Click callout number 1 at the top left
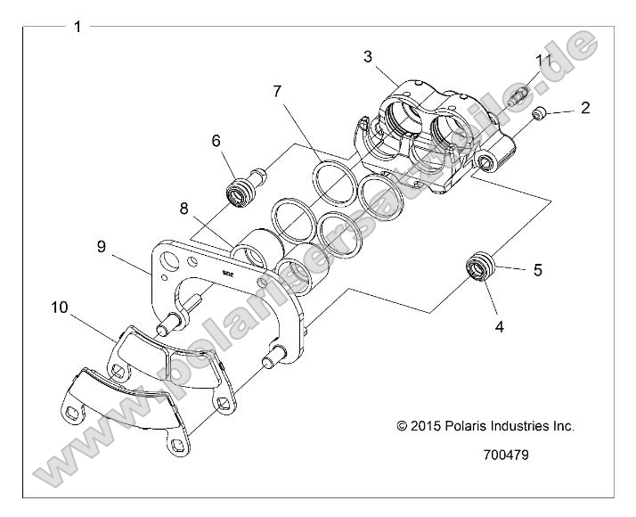[77, 27]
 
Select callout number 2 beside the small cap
[584, 108]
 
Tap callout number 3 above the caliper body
[367, 57]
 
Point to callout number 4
[499, 327]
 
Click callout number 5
[537, 269]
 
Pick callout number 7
[277, 91]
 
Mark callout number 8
[183, 209]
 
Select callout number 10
[60, 308]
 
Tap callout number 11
[543, 60]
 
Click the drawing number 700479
[505, 454]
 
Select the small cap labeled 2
[539, 114]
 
